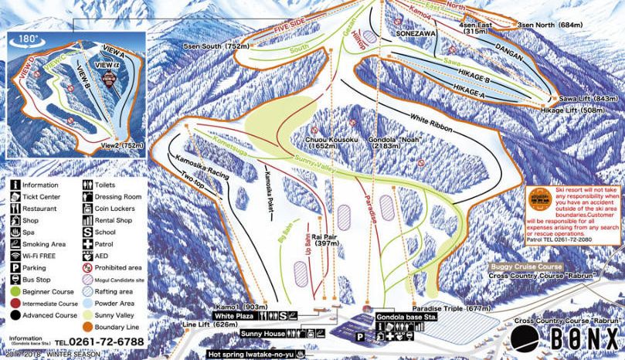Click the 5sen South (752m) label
tap(216, 47)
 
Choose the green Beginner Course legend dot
tap(16, 291)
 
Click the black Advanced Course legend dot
tap(16, 314)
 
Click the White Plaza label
tap(235, 316)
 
